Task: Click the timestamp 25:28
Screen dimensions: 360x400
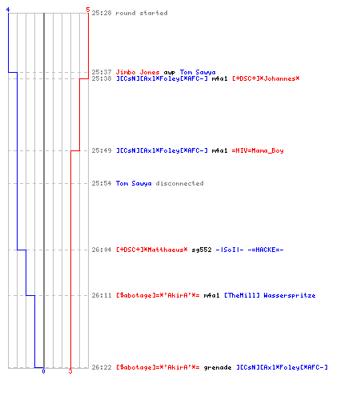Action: pos(102,13)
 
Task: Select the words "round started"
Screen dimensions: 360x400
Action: pos(142,13)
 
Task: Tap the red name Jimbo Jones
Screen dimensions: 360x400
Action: pos(138,72)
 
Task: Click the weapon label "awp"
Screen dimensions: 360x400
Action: pos(170,73)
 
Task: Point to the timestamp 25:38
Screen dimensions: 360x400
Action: pos(102,78)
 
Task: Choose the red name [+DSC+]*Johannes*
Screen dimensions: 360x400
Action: pos(266,78)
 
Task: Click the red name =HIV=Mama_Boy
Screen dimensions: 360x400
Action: pos(258,150)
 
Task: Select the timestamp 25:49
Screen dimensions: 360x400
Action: pos(102,150)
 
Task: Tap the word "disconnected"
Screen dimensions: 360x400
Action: pos(180,183)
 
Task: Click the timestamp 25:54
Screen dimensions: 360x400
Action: pos(102,183)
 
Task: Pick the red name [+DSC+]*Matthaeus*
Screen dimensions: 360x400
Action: pos(152,250)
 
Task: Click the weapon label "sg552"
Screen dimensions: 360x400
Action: pos(202,250)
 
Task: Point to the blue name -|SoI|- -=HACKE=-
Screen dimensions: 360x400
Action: pos(250,250)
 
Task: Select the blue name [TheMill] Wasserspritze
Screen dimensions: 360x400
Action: pos(270,295)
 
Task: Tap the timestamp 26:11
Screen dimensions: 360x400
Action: pos(102,295)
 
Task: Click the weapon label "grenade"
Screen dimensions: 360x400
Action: pos(218,367)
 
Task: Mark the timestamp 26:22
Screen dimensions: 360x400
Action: pos(102,367)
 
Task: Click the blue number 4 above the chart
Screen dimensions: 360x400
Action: pos(8,10)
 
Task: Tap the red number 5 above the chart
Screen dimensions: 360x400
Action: pos(88,10)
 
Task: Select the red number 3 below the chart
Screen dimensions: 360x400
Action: pos(70,371)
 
